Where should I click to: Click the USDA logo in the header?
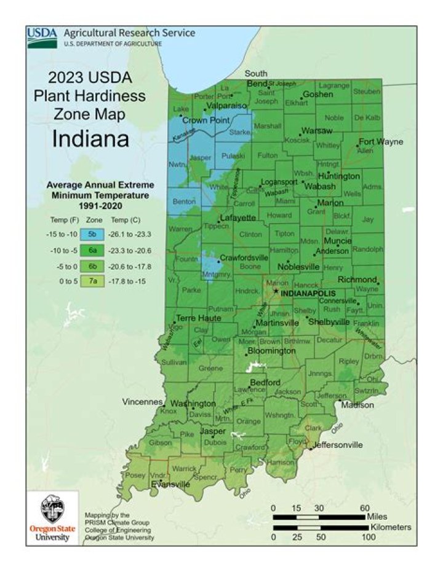(x=42, y=37)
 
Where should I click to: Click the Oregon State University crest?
(x=52, y=509)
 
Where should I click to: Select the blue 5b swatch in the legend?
(x=91, y=234)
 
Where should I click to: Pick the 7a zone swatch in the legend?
(x=91, y=281)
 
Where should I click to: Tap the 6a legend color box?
(x=91, y=250)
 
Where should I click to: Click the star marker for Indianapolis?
(x=276, y=292)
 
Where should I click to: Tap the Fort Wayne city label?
(x=381, y=142)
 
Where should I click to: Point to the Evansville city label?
(x=170, y=485)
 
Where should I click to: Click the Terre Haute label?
(x=198, y=318)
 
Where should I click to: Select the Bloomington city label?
(x=271, y=351)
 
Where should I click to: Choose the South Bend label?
(x=256, y=79)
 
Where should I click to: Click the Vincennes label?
(x=142, y=402)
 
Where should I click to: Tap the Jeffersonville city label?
(x=338, y=445)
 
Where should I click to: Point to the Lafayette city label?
(x=238, y=218)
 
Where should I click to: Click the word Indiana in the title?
(x=90, y=138)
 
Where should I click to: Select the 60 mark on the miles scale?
(x=364, y=507)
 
